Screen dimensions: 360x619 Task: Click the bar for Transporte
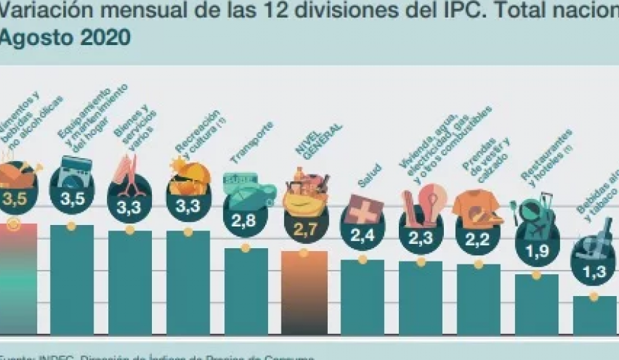[245, 292]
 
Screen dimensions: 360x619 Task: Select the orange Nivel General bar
[304, 293]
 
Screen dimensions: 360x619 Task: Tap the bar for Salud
[362, 297]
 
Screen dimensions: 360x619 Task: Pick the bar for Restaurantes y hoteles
[536, 304]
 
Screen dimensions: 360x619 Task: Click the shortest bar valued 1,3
[594, 315]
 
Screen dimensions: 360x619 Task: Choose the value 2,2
[478, 238]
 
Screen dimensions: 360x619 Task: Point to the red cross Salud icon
[364, 210]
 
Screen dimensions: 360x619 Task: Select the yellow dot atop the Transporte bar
[245, 247]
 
